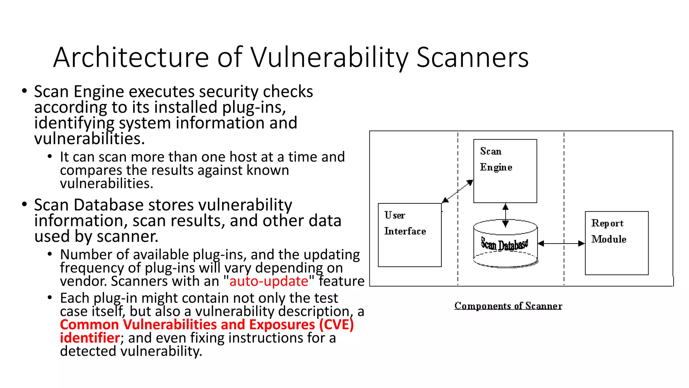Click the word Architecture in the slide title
coord(131,57)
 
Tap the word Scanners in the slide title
coord(472,57)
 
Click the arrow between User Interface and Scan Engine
coord(458,191)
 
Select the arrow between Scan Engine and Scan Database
coord(505,216)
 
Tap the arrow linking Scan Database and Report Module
coord(561,243)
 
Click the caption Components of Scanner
coord(508,306)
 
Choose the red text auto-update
coord(268,281)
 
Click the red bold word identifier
coord(89,337)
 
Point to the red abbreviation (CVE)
coord(336,324)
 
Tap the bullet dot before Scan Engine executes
coord(24,91)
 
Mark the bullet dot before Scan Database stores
coord(24,204)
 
